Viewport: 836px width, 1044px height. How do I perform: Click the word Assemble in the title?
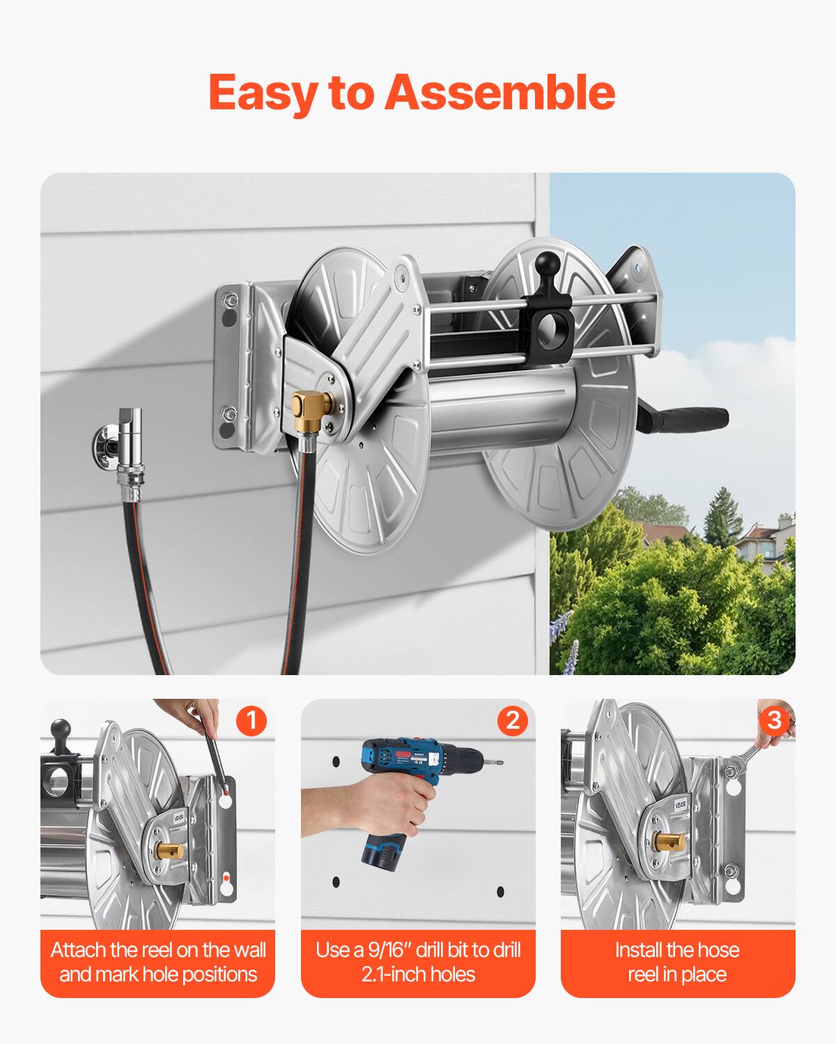pos(500,92)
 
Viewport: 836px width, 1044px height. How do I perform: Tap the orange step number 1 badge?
pos(251,720)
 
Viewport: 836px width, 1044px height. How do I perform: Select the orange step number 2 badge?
pos(512,720)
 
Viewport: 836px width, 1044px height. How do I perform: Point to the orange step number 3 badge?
pos(773,720)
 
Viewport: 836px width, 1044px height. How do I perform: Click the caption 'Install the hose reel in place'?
pos(677,962)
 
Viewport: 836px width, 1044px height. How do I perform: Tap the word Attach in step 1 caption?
pos(78,951)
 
